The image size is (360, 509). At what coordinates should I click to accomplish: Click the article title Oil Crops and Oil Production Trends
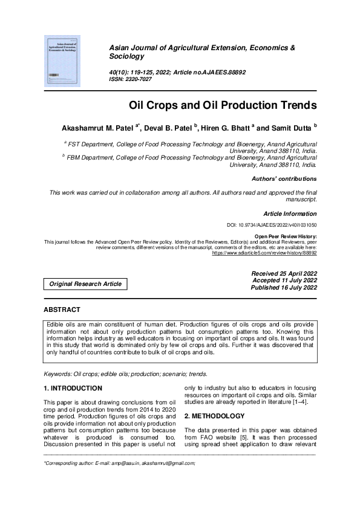pos(223,105)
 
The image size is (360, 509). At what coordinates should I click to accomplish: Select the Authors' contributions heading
pos(284,179)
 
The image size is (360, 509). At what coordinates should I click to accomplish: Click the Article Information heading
pos(290,213)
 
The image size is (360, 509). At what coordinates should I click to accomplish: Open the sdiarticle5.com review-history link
pos(264,254)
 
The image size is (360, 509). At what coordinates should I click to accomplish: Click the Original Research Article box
pos(85,284)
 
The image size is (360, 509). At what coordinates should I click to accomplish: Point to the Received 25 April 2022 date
pos(284,274)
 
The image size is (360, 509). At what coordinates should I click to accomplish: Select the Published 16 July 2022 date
pos(284,288)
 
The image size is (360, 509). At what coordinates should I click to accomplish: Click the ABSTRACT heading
pos(62,310)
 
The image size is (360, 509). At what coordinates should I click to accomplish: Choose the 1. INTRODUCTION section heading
pos(73,388)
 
